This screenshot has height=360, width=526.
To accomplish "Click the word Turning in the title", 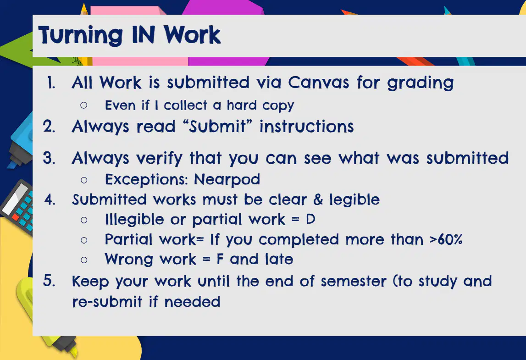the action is coord(81,35).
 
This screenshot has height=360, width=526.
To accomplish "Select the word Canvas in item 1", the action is coord(318,82).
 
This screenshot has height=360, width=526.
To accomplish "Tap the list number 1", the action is coord(51,83).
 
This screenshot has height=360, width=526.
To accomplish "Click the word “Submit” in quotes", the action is coord(217,127).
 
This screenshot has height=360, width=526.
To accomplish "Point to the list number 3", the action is coord(49,158).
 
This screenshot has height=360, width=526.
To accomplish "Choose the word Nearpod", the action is coord(227,179).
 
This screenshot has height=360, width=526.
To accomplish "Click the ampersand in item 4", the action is coord(318,199).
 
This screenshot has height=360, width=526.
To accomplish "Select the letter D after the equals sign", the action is coord(310,219).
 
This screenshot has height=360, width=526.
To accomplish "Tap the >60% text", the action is coord(446,239).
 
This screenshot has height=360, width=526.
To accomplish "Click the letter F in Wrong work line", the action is coord(220,259).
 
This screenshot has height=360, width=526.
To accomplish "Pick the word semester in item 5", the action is coord(354,281).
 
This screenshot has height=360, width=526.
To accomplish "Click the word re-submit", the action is coord(107,301).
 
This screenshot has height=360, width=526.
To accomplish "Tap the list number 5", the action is coord(49,281).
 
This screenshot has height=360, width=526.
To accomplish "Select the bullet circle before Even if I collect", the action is coord(84,105).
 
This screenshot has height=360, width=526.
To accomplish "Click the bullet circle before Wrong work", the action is coord(84,260).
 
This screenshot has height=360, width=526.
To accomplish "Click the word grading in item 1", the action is coord(421,83).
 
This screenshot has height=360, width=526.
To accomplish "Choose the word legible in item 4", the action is coord(354,200).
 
